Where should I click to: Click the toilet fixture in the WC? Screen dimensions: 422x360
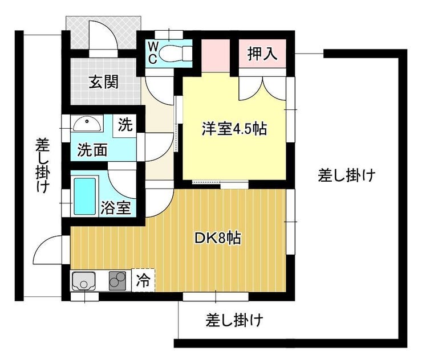tap(176, 53)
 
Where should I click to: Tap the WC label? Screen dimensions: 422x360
tap(153, 53)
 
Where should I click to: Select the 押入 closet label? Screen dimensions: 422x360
tap(262, 54)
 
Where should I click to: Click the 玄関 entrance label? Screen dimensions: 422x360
tap(104, 81)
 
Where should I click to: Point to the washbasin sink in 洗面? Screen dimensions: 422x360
tap(87, 124)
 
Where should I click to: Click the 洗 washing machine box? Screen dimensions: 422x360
tap(125, 125)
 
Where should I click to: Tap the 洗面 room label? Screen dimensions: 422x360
tap(92, 150)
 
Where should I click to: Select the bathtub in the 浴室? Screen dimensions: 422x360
tap(85, 197)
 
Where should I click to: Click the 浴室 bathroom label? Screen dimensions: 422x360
tap(116, 207)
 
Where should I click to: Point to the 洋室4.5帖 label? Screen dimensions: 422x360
tap(234, 129)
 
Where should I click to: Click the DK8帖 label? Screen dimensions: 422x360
tap(217, 238)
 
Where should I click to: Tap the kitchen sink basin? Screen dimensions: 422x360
tap(83, 281)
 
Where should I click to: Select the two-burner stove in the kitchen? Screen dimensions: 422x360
tap(117, 281)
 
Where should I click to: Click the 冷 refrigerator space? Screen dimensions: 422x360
tap(143, 280)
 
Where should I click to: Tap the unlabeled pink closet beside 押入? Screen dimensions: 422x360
tap(216, 56)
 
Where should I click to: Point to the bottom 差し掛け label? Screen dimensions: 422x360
tap(234, 320)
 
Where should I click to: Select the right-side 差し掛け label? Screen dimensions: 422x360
tap(347, 175)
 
